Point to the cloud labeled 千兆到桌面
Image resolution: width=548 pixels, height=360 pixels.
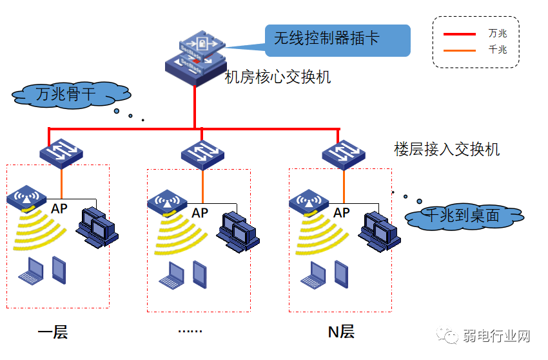tap(464, 216)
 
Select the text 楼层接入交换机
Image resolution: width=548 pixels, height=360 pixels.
tap(447, 149)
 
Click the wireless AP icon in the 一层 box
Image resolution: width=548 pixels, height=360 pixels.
tap(26, 198)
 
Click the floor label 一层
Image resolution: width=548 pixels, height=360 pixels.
tap(52, 332)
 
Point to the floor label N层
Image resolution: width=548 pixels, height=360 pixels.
tap(341, 332)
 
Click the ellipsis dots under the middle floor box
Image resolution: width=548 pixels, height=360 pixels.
tap(190, 332)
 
